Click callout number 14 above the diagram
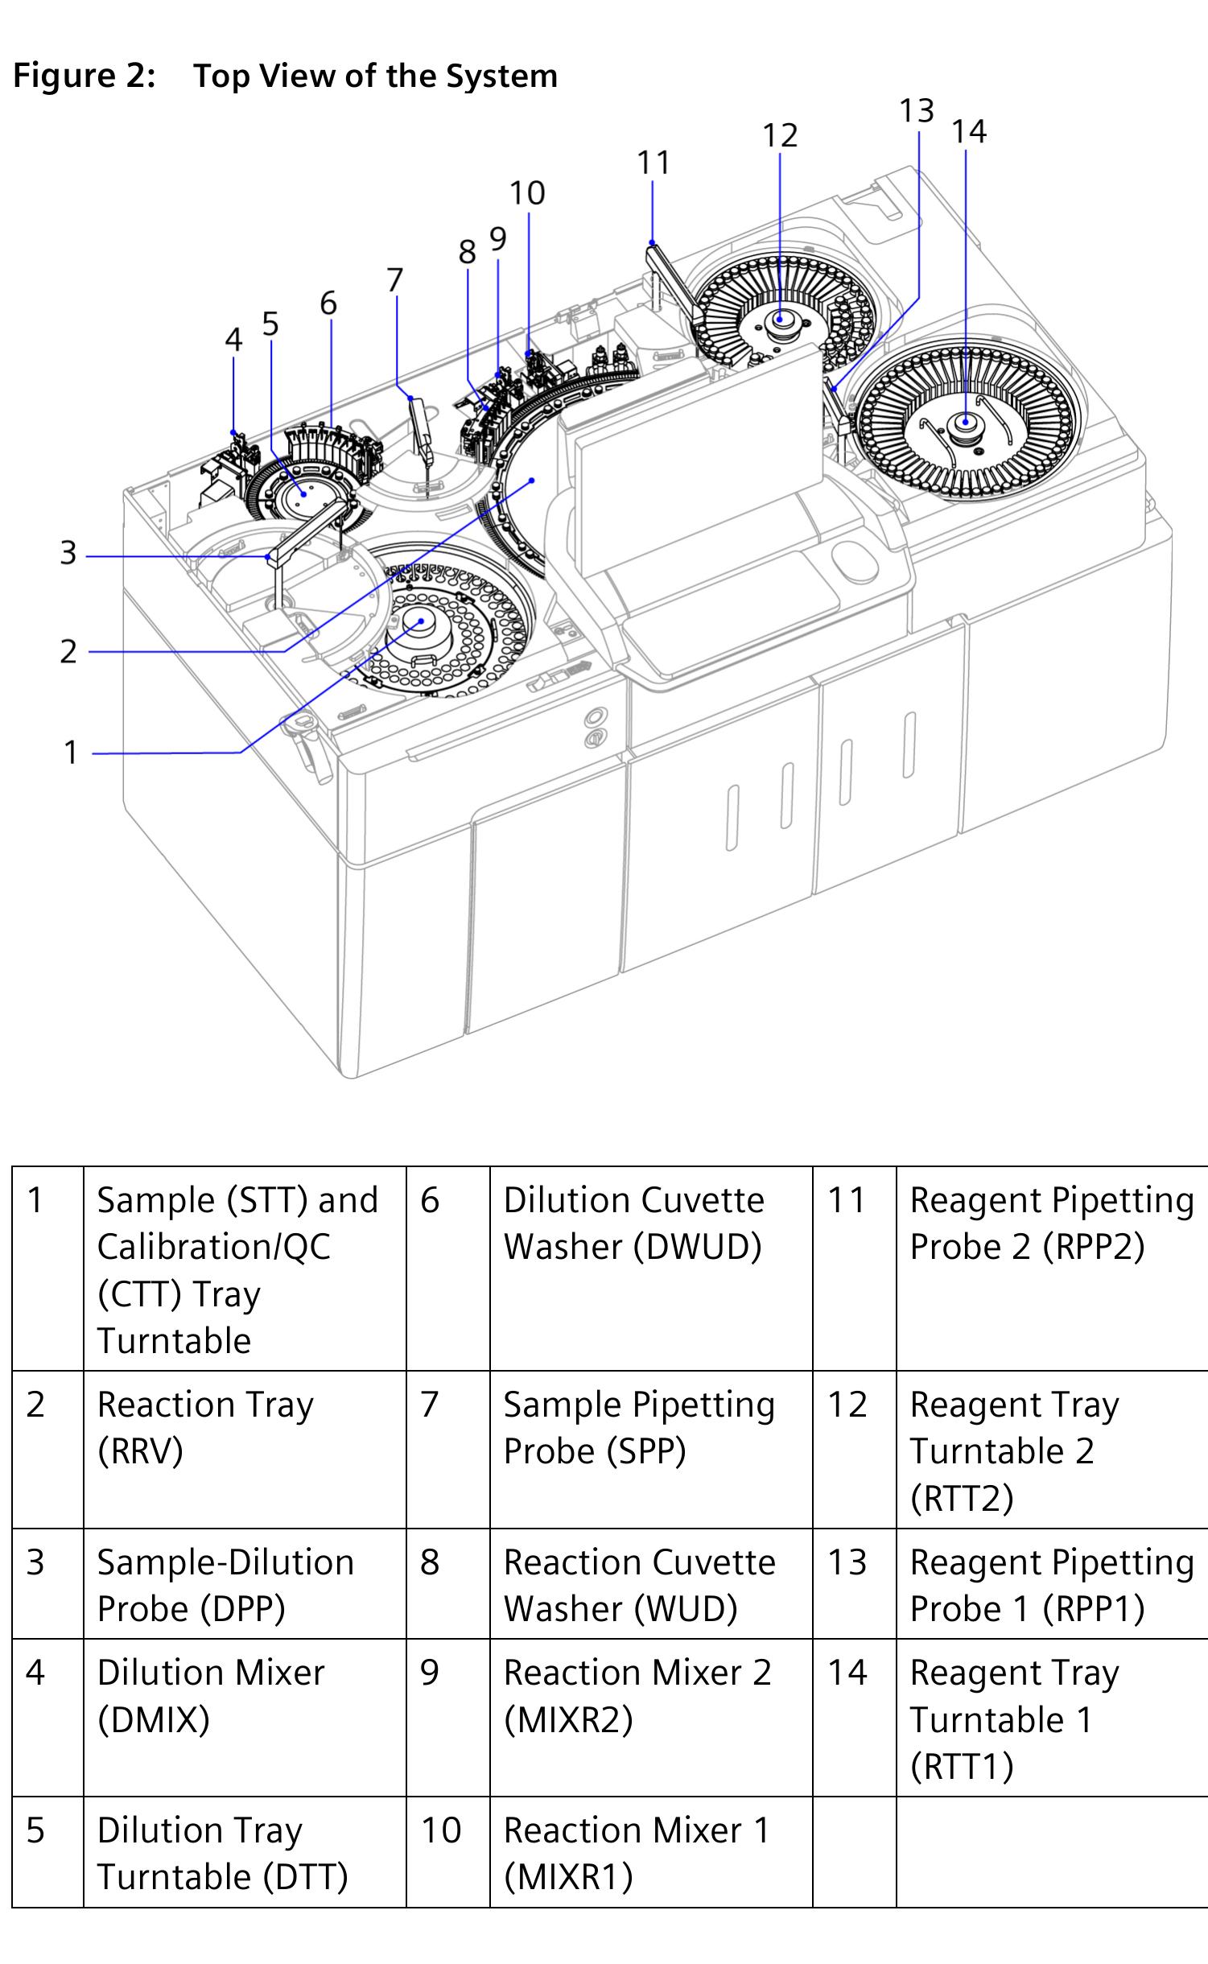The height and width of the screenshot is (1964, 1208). (x=968, y=131)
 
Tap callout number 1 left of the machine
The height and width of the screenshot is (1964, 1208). (x=71, y=753)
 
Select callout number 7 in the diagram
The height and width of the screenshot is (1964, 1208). (x=394, y=280)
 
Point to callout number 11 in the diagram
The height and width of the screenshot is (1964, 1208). (x=653, y=163)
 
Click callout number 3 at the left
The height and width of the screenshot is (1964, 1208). (x=68, y=554)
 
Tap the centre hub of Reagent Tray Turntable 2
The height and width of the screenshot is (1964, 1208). (x=779, y=320)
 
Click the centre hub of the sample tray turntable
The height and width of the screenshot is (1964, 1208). (x=419, y=621)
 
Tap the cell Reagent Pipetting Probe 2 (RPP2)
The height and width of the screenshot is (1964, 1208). (x=1051, y=1223)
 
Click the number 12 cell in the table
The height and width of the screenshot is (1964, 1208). (x=853, y=1405)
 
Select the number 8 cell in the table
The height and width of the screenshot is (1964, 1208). (x=447, y=1562)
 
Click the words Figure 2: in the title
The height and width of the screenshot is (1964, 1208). (x=84, y=76)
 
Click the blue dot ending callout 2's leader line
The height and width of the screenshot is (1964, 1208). (x=532, y=480)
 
